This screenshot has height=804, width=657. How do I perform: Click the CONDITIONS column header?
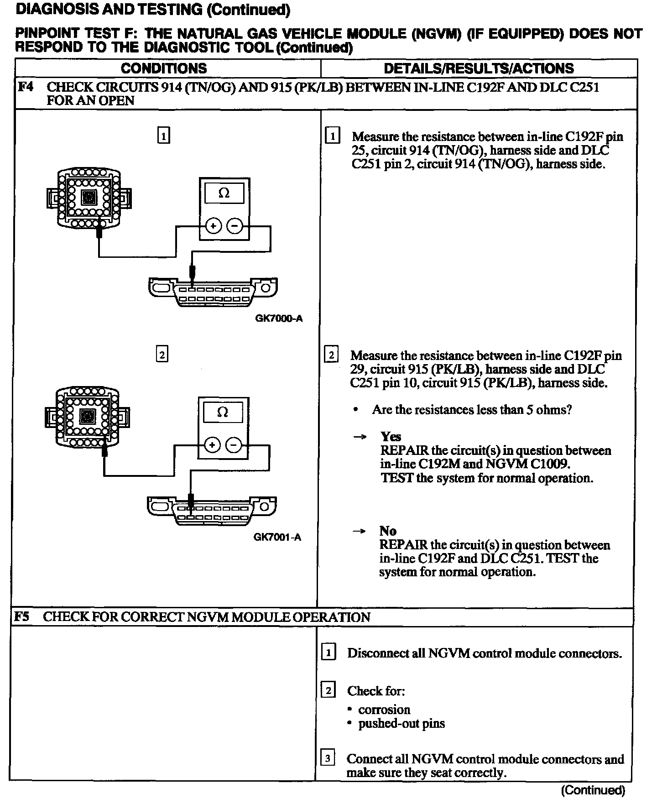pyautogui.click(x=163, y=68)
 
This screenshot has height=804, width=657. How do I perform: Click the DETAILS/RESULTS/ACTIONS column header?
pyautogui.click(x=479, y=68)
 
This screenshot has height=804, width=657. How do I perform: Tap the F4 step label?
pyautogui.click(x=26, y=87)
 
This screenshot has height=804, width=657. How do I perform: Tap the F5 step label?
pyautogui.click(x=21, y=617)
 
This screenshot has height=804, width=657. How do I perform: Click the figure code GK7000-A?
pyautogui.click(x=278, y=318)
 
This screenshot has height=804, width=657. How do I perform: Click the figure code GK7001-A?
pyautogui.click(x=277, y=537)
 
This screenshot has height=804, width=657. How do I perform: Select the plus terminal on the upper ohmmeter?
pyautogui.click(x=213, y=226)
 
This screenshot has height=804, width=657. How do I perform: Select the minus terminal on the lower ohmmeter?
pyautogui.click(x=234, y=445)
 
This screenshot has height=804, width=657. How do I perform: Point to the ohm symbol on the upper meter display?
pyautogui.click(x=224, y=193)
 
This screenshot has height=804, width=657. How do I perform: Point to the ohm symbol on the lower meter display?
pyautogui.click(x=223, y=412)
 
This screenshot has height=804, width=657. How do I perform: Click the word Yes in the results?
pyautogui.click(x=391, y=437)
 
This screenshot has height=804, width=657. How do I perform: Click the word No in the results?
pyautogui.click(x=388, y=531)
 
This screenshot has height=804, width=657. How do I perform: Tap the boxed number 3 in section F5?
pyautogui.click(x=328, y=758)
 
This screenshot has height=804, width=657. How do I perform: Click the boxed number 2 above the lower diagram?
pyautogui.click(x=162, y=355)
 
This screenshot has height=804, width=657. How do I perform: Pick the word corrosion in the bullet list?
pyautogui.click(x=384, y=710)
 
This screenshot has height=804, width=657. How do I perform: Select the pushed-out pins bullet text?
pyautogui.click(x=401, y=723)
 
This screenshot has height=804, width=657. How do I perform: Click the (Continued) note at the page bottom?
pyautogui.click(x=593, y=790)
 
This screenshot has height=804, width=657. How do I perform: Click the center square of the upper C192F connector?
pyautogui.click(x=89, y=197)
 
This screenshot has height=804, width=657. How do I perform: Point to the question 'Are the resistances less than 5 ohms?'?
pyautogui.click(x=472, y=409)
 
